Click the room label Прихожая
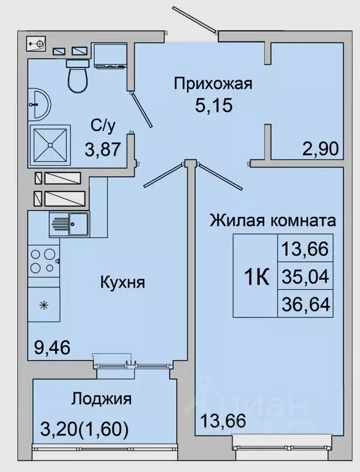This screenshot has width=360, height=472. (212, 83)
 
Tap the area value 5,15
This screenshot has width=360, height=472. (211, 106)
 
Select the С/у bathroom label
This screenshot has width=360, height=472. (103, 126)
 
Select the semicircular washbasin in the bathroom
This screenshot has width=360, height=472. (38, 105)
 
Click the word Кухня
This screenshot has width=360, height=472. (122, 283)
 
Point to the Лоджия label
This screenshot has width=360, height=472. (102, 398)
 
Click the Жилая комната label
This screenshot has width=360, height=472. (273, 220)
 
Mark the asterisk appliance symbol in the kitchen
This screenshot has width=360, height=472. (44, 305)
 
